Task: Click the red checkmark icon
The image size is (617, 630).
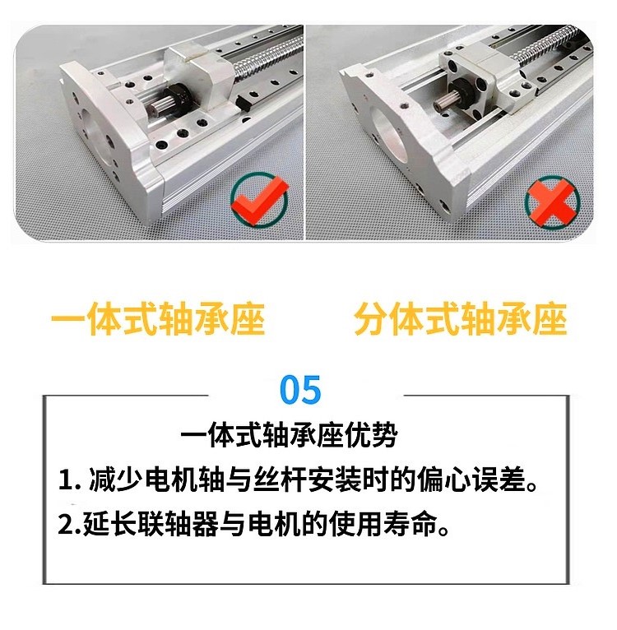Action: tap(260, 199)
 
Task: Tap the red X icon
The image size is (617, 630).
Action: tap(553, 202)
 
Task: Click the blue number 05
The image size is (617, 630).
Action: tap(300, 390)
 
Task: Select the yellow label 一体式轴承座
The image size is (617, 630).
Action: tap(158, 318)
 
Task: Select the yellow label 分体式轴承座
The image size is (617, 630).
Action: tap(461, 318)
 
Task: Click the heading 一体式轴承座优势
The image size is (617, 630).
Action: tap(289, 435)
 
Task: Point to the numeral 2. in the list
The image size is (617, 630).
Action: tap(70, 525)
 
